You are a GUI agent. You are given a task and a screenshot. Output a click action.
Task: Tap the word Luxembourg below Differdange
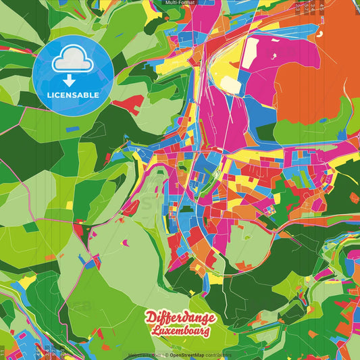point(181,332)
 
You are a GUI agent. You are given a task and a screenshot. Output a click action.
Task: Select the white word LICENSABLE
point(73,95)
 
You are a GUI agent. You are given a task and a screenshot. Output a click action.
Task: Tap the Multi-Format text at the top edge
point(180,3)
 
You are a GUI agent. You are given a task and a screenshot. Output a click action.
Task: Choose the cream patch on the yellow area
point(230,84)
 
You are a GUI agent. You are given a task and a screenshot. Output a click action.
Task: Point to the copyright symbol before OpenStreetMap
point(165,355)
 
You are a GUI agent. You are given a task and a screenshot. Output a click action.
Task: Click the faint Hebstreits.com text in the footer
point(143,355)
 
